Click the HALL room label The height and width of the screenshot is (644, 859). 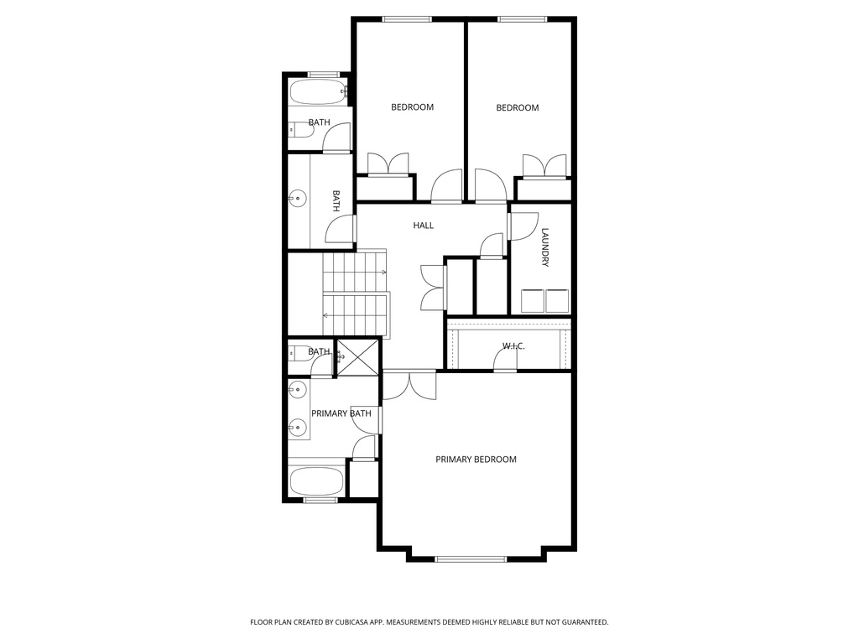click(x=424, y=226)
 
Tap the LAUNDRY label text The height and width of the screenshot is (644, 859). click(x=545, y=247)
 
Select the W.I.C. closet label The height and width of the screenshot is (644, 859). click(x=513, y=345)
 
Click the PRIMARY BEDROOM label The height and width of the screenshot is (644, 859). click(x=476, y=460)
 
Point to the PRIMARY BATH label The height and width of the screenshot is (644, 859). click(x=341, y=413)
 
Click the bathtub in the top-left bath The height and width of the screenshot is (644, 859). click(x=318, y=91)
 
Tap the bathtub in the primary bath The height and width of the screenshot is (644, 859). click(x=316, y=481)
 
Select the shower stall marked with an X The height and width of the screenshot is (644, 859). click(x=357, y=358)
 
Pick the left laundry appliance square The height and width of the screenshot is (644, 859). click(x=533, y=300)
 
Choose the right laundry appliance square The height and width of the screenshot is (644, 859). click(x=558, y=300)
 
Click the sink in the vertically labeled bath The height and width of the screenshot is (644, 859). click(x=297, y=200)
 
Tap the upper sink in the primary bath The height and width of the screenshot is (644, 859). click(x=297, y=390)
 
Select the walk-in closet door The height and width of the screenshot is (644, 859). click(x=505, y=361)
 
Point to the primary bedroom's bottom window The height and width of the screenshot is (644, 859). click(x=470, y=559)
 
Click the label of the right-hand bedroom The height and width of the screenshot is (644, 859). click(x=517, y=107)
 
